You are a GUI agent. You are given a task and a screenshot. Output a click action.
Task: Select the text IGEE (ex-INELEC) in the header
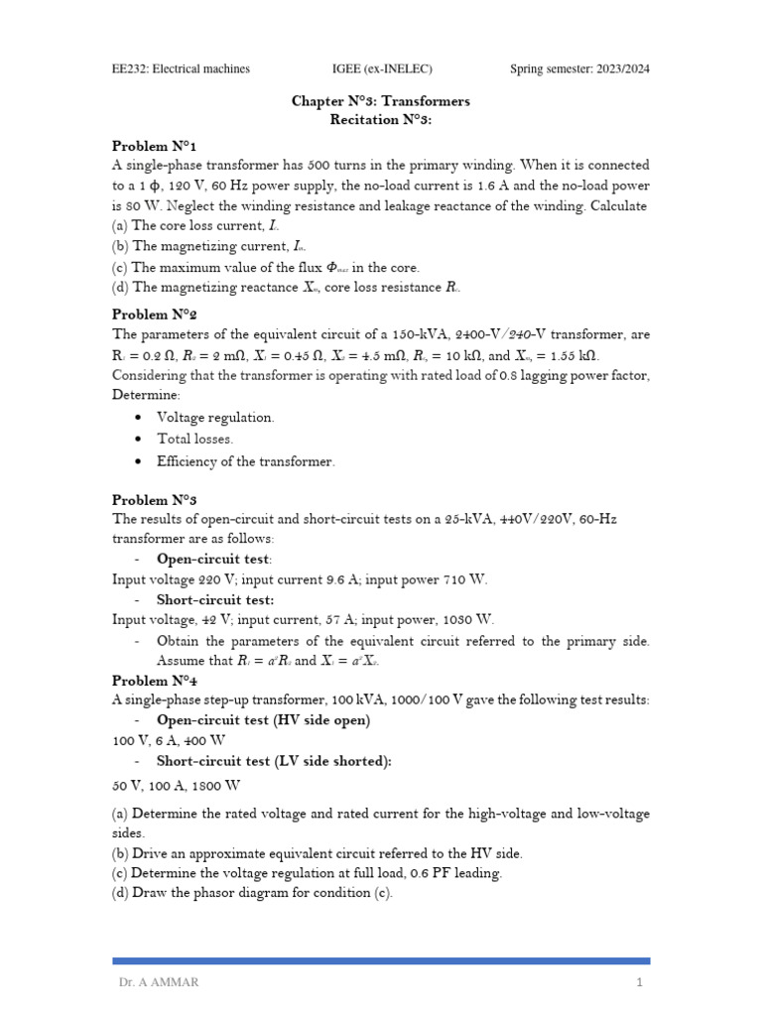click(381, 68)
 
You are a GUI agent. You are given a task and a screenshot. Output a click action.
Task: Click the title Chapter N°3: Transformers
click(380, 101)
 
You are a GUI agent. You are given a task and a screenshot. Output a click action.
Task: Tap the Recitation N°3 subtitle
click(381, 119)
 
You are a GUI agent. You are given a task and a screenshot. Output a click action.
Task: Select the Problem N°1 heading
click(147, 146)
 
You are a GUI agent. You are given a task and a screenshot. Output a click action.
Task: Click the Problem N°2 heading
click(148, 315)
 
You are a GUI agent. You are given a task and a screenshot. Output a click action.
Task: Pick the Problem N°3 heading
click(148, 500)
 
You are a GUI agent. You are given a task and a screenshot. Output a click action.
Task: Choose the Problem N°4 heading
click(148, 681)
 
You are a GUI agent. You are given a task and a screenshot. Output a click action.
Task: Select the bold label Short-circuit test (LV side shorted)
click(274, 761)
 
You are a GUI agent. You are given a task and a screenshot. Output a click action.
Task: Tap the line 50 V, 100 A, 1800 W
click(177, 785)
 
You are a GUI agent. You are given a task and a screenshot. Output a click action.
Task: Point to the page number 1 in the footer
click(640, 982)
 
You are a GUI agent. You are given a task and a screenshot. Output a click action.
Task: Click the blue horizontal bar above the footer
click(381, 960)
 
